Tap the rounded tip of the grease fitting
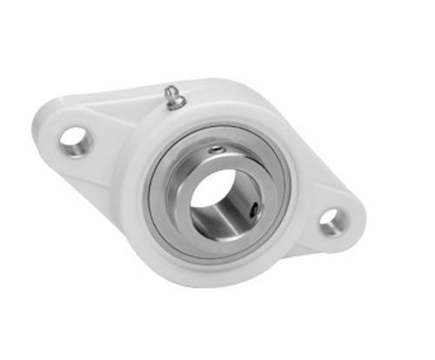click(171, 90)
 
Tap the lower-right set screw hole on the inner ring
click(253, 210)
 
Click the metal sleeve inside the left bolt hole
click(80, 141)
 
